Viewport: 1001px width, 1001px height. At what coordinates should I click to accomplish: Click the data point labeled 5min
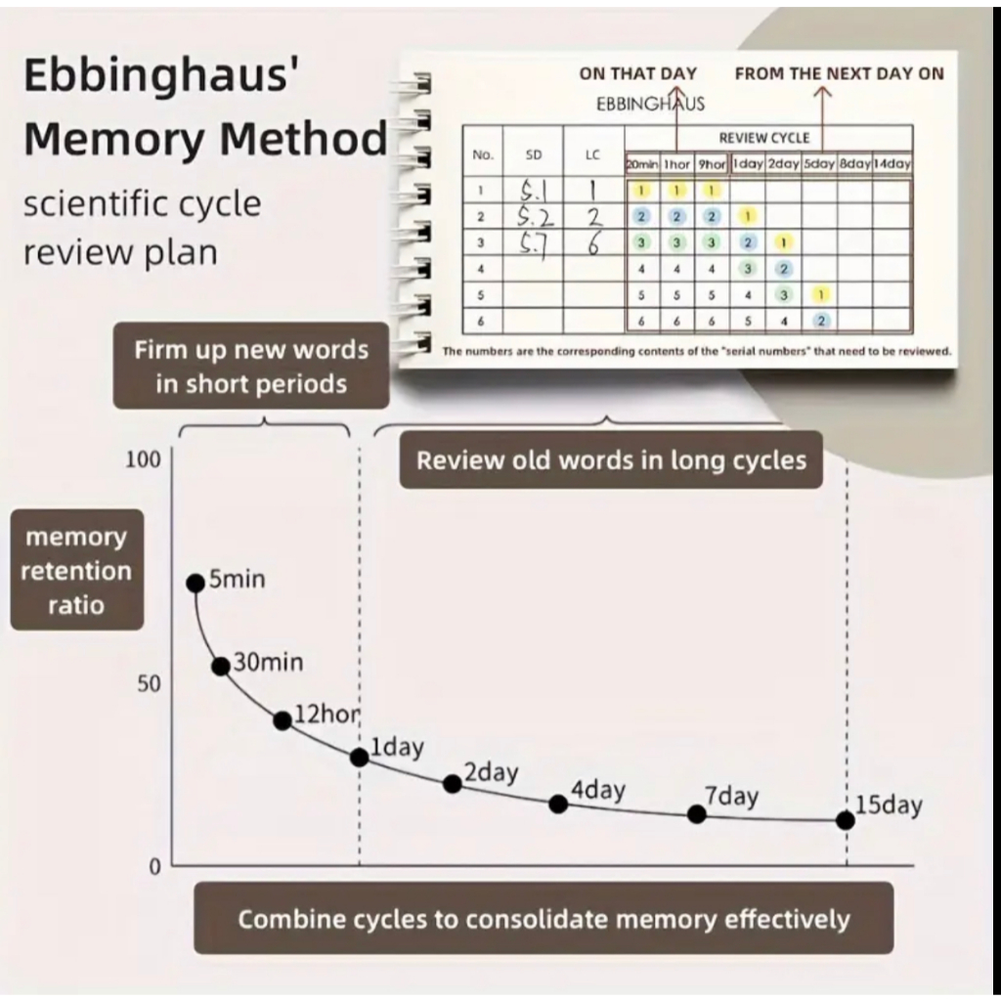196,583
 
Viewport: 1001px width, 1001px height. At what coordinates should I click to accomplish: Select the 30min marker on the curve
221,667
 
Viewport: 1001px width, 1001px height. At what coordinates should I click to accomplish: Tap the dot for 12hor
283,720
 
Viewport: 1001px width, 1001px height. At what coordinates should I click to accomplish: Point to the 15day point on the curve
846,820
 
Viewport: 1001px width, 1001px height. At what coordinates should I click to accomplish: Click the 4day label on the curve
597,790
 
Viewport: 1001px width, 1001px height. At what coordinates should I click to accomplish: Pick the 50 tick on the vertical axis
148,683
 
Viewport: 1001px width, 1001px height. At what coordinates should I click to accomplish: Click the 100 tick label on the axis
143,460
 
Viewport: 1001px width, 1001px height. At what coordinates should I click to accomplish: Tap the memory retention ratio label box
76,571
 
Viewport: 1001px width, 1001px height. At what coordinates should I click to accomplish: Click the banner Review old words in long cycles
611,460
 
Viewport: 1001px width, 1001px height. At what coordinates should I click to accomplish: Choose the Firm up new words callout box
251,367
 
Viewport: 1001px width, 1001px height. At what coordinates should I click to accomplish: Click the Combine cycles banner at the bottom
544,919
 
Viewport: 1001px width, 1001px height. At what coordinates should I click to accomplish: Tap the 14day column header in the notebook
892,164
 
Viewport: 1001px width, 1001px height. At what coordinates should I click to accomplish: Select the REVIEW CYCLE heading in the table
764,138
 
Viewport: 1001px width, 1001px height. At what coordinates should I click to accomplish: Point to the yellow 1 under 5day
821,294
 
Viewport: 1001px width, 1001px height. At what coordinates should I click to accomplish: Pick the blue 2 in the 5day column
821,320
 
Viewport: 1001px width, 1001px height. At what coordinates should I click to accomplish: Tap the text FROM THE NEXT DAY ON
840,73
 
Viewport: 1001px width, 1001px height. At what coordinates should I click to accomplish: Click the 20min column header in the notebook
642,164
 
